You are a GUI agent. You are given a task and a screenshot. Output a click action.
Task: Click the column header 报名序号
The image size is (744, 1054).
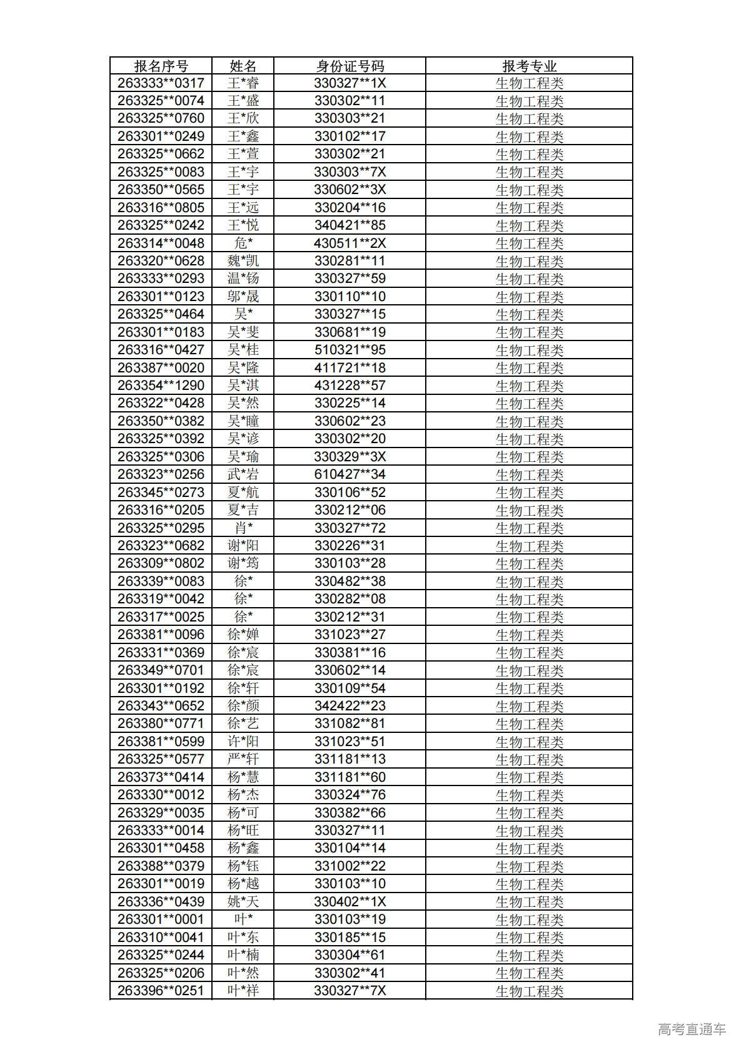pyautogui.click(x=161, y=66)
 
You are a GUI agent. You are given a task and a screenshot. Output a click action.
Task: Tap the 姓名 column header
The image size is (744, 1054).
pyautogui.click(x=243, y=66)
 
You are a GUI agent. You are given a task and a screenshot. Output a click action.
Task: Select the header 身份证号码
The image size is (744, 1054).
pyautogui.click(x=349, y=66)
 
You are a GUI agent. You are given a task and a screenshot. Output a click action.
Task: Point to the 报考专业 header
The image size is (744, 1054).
pyautogui.click(x=529, y=66)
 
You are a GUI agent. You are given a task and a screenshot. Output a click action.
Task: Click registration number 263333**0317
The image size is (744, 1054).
pyautogui.click(x=161, y=83)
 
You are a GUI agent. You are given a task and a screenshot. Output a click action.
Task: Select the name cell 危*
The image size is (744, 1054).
pyautogui.click(x=243, y=243)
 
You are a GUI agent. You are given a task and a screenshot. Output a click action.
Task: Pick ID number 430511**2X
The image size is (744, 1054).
pyautogui.click(x=349, y=243)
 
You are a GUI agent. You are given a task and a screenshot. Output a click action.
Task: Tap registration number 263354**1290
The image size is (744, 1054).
pyautogui.click(x=161, y=386)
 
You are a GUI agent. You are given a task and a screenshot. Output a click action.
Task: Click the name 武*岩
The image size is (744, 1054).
pyautogui.click(x=243, y=474)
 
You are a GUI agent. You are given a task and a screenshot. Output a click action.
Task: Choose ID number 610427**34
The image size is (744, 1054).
pyautogui.click(x=349, y=474)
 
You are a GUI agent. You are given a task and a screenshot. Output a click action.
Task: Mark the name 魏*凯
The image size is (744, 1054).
pyautogui.click(x=243, y=261)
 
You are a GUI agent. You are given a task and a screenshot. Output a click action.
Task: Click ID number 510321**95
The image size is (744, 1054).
pyautogui.click(x=349, y=350)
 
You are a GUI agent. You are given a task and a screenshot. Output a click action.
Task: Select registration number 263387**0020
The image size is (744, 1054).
pyautogui.click(x=161, y=367)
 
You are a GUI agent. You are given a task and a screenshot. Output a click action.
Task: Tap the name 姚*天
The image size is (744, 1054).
pyautogui.click(x=243, y=901)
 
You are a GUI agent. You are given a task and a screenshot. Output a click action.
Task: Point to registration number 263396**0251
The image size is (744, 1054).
pyautogui.click(x=161, y=990)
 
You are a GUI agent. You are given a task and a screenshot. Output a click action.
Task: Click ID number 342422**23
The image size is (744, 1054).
pyautogui.click(x=349, y=705)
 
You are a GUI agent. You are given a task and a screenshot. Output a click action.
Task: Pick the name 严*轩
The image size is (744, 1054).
pyautogui.click(x=243, y=759)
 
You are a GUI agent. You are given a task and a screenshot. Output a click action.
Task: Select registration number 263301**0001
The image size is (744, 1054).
pyautogui.click(x=161, y=919)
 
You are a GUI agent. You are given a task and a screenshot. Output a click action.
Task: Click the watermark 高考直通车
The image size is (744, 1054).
pyautogui.click(x=691, y=1029)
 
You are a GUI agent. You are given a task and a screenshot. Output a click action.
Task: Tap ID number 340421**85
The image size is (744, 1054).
pyautogui.click(x=349, y=225)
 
